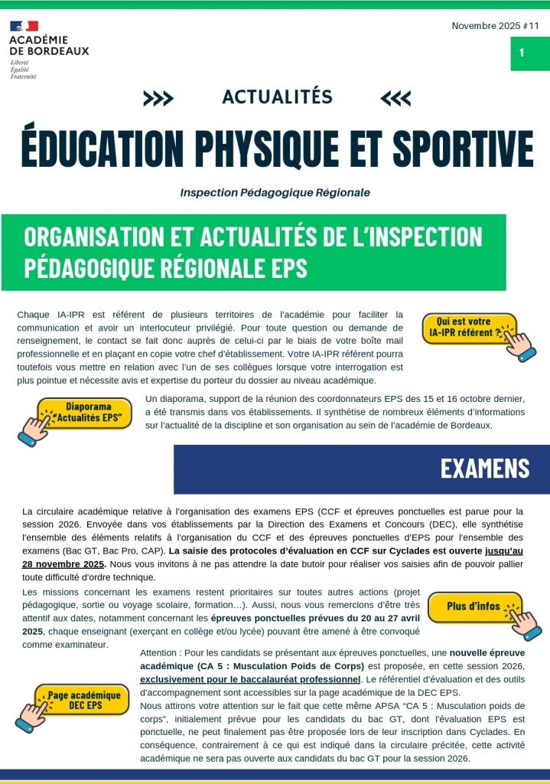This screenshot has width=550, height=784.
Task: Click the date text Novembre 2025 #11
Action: (x=495, y=25)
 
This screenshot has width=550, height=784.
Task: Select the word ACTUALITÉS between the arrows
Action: (x=277, y=96)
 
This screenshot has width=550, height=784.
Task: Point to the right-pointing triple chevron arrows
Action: (x=158, y=98)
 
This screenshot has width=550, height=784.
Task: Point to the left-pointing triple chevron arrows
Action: (x=395, y=98)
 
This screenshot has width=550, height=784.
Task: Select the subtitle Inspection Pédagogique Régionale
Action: (x=275, y=192)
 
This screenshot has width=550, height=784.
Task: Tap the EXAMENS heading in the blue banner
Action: (x=485, y=468)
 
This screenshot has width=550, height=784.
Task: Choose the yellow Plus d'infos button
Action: (x=474, y=606)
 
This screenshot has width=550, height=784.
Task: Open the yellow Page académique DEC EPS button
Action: (x=85, y=700)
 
